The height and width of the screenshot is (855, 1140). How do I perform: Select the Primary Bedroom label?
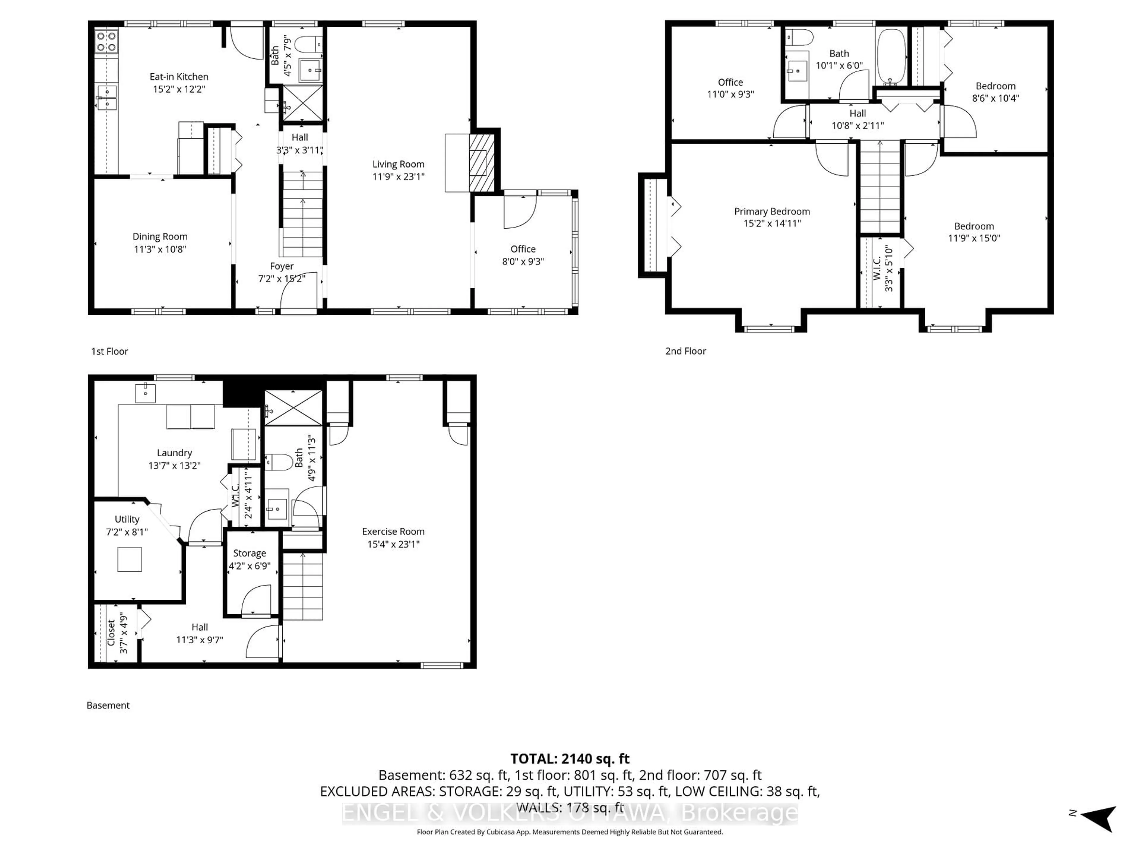coord(772,211)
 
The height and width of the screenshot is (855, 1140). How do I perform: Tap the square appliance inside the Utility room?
coord(129,559)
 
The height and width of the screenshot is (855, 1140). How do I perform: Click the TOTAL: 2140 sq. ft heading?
coord(569,759)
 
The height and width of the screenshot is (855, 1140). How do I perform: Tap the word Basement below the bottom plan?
coord(108,705)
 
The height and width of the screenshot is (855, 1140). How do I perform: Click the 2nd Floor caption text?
coord(685,351)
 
